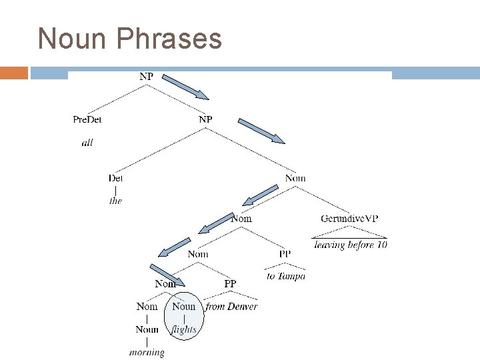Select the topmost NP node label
click(146, 77)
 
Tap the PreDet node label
click(87, 120)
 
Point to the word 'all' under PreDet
click(87, 143)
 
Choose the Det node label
click(116, 178)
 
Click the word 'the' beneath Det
click(116, 201)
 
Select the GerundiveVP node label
click(350, 219)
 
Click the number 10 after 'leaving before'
click(381, 245)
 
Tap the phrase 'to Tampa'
click(286, 276)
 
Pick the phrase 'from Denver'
click(231, 307)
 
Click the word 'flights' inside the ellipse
click(184, 329)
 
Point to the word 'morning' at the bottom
click(147, 351)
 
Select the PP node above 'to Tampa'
click(285, 253)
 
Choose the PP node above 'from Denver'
click(230, 284)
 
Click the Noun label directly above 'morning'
click(147, 329)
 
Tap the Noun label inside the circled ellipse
click(184, 307)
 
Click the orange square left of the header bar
click(13, 73)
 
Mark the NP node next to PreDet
click(205, 120)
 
